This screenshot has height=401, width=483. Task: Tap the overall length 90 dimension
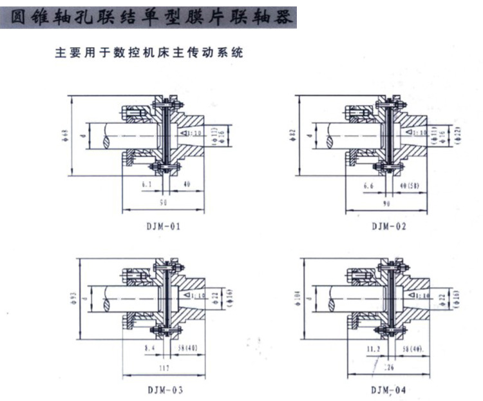386,204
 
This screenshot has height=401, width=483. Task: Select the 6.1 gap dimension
147,184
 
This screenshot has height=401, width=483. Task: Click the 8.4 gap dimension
148,348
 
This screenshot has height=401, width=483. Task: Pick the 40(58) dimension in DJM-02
412,186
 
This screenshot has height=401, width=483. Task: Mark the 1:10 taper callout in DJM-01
191,133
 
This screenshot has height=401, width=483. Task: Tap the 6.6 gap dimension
369,185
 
